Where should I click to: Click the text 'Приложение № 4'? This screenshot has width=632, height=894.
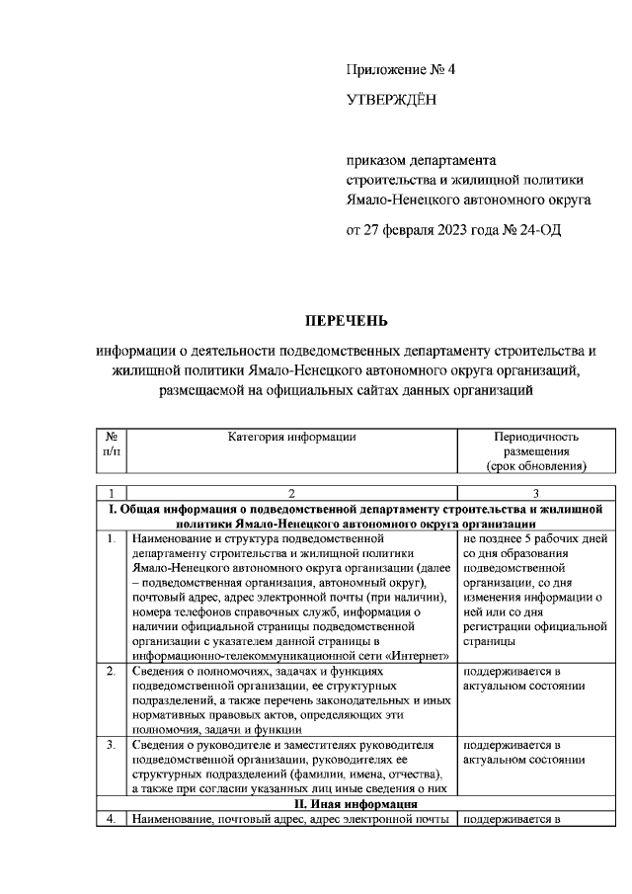coord(403,70)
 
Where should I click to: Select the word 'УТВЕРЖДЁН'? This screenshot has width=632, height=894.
coord(391,101)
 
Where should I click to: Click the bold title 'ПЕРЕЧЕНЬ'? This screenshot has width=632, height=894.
coord(347,320)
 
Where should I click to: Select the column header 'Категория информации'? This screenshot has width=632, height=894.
coord(291,436)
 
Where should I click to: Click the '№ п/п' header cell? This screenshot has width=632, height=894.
coord(112,444)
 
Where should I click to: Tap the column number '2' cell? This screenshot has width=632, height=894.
coord(291,493)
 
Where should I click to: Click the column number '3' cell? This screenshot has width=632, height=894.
coord(535,493)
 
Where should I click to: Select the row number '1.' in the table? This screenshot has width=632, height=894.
coord(112,539)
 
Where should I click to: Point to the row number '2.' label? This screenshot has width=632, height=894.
coord(112,671)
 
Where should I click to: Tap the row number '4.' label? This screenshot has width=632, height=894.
coord(112,819)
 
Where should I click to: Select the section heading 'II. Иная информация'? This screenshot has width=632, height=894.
coord(354,804)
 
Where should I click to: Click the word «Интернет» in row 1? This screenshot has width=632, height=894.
coord(420,656)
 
